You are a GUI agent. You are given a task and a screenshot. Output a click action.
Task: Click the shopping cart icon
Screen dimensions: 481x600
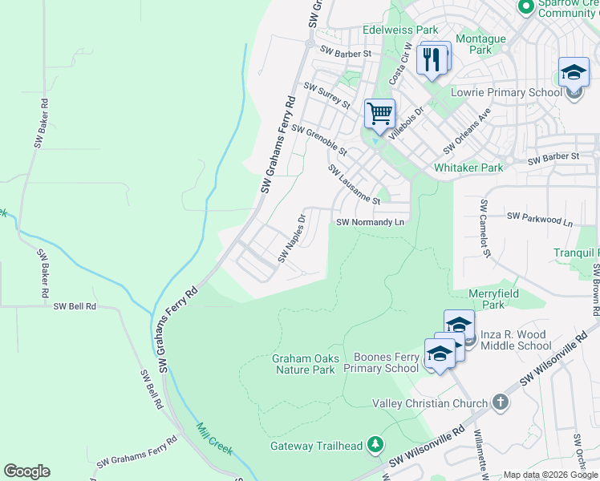[x=379, y=112]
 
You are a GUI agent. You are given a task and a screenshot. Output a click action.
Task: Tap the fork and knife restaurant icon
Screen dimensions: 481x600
[x=432, y=59]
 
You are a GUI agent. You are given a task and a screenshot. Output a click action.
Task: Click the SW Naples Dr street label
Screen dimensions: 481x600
[x=293, y=237]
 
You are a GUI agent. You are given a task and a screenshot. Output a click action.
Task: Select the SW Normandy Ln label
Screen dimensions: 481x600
[x=368, y=222]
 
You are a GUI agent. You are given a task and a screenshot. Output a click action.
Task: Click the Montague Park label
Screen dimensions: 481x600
[x=480, y=44]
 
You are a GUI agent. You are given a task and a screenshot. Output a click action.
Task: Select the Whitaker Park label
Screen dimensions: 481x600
[x=468, y=168]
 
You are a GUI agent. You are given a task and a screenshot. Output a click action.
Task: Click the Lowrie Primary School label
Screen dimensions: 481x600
[x=507, y=92]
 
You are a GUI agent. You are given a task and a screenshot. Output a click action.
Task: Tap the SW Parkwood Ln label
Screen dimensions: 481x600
[x=541, y=216]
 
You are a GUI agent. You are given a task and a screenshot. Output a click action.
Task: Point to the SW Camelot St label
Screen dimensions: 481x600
[x=484, y=228]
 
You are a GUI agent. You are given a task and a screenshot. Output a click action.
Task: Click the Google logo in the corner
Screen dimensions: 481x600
[x=26, y=471]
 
